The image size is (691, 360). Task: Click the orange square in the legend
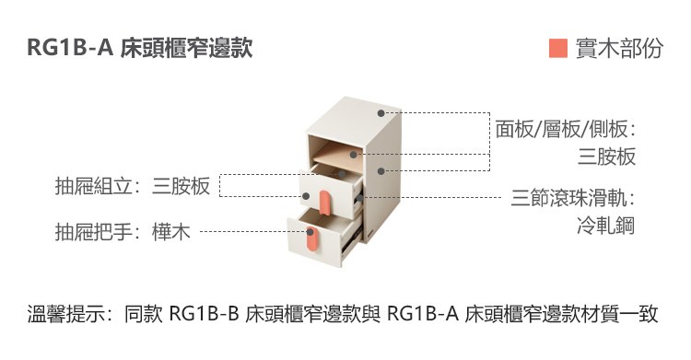pos(558,48)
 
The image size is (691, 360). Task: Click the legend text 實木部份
pos(619,48)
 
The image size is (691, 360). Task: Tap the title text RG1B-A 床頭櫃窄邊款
pos(140,48)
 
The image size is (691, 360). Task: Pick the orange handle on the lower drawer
pos(311,239)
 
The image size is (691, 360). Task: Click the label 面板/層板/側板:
pos(566,129)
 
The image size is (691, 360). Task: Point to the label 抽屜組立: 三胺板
pos(132,185)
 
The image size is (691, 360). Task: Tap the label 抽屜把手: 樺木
pos(123,231)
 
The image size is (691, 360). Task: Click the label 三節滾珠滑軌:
pos(573,198)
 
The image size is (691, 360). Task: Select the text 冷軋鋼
pos(606,226)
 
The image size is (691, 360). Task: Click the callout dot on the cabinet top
pos(381,113)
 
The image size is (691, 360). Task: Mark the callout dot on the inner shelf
pos(353,155)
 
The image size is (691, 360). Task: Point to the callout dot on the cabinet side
pos(381,171)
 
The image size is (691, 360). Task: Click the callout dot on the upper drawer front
pos(305,196)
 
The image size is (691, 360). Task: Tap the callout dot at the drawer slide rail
pos(359,198)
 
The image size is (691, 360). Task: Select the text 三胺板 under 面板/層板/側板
pos(607,157)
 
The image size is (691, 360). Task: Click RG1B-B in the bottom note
pos(204,314)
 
